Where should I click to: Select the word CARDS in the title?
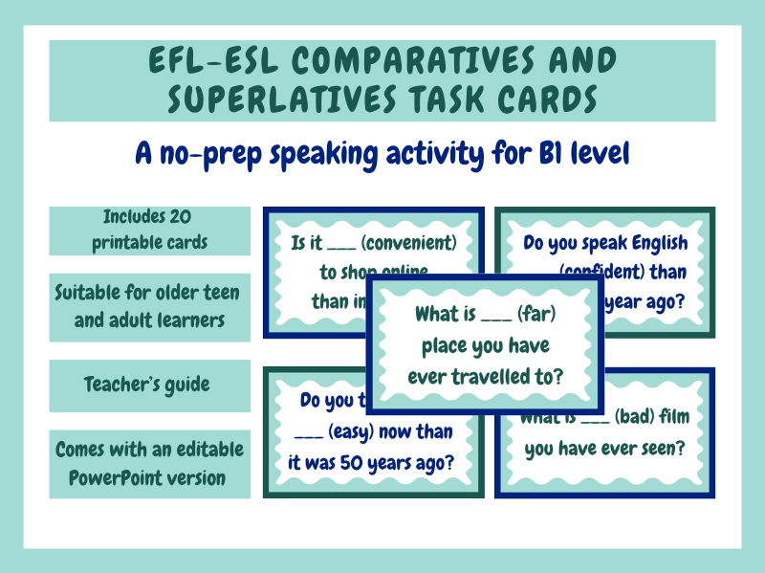[550, 99]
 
